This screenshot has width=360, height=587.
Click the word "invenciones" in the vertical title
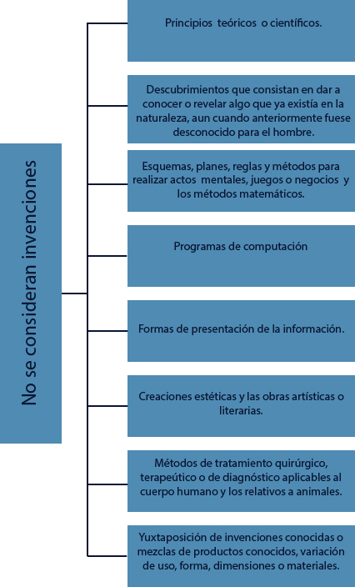29,209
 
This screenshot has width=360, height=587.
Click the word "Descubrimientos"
187,89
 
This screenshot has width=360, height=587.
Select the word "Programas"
199,247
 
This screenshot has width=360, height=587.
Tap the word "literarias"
241,410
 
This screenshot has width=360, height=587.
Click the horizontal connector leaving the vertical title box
74,293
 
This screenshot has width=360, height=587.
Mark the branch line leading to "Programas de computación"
107,256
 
